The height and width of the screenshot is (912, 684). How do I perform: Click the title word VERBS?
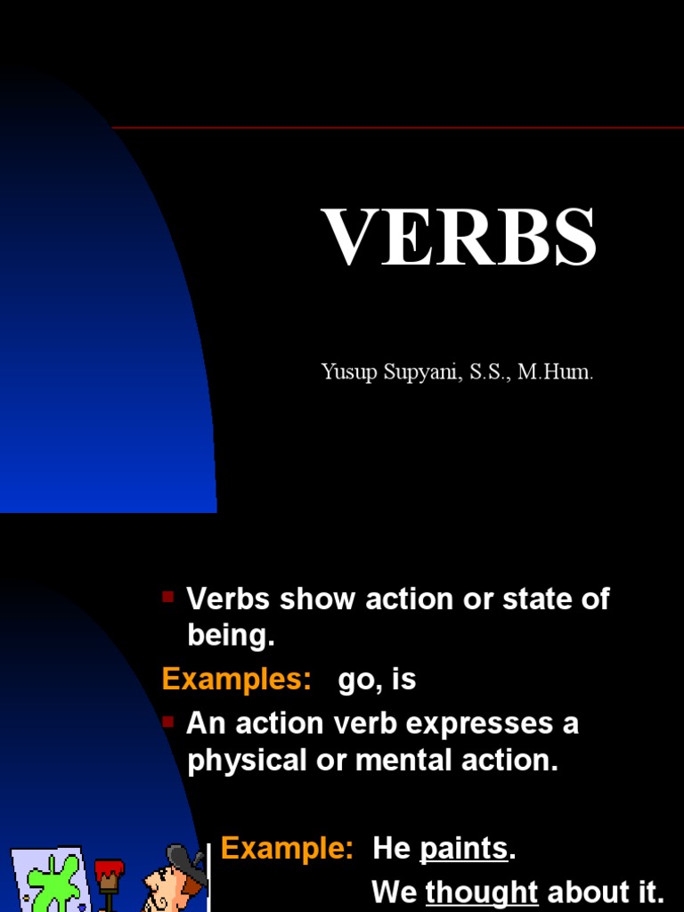click(x=459, y=238)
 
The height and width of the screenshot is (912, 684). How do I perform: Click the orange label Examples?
click(x=236, y=680)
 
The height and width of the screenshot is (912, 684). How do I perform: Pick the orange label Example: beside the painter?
click(x=287, y=848)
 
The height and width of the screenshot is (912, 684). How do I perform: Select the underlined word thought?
click(x=482, y=892)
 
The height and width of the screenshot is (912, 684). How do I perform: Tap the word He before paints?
click(x=391, y=849)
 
